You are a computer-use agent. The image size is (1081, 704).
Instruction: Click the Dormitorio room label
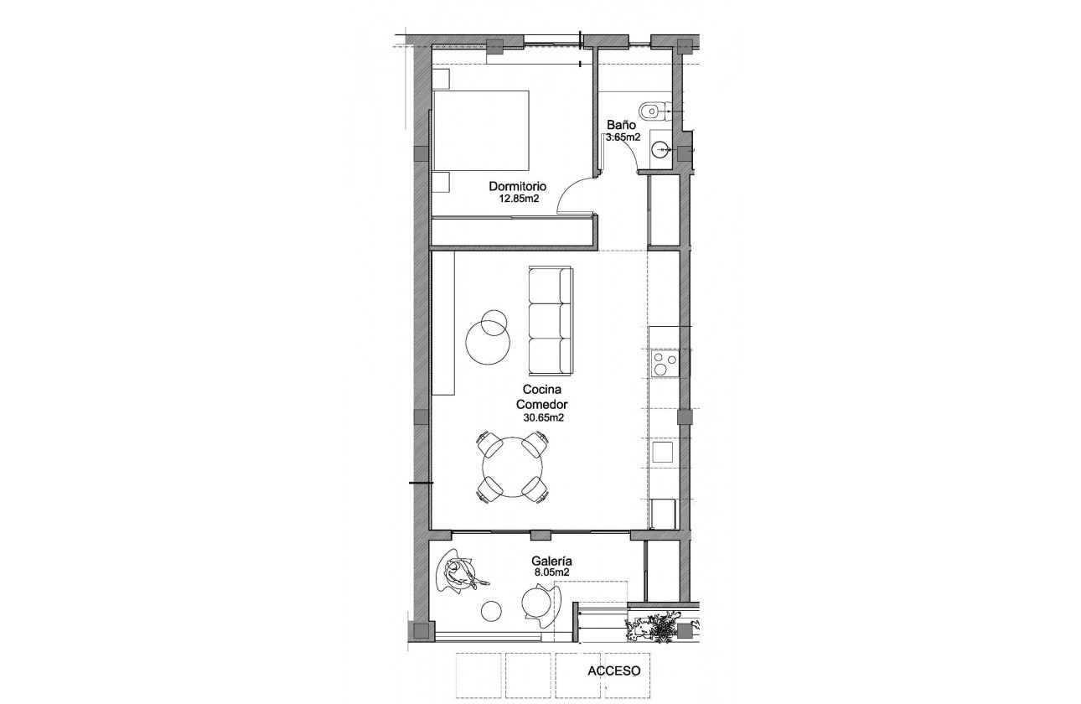coord(518,186)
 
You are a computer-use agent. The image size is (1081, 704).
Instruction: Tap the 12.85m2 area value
coord(518,199)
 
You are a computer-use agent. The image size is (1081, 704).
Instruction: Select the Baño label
coord(622,124)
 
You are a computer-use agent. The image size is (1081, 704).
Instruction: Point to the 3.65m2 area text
coord(623,137)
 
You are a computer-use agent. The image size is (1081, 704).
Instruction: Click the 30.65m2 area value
coord(542,417)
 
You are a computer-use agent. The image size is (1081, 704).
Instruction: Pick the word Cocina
coord(542,390)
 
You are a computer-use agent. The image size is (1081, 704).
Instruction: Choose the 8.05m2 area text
coord(551,573)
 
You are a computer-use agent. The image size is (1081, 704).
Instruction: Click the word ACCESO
coord(614,670)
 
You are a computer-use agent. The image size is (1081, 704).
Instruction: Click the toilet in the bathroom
coord(651,110)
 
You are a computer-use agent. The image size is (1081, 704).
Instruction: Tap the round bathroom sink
coord(661,150)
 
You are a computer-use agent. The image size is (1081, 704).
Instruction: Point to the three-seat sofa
coord(551,320)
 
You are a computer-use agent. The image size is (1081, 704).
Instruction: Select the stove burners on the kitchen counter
coord(665,365)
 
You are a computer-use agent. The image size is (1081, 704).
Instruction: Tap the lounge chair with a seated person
coord(458,576)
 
